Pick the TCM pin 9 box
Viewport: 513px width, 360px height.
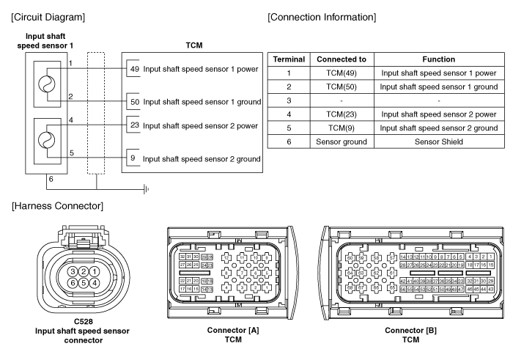(133, 158)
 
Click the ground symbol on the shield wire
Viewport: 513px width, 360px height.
(147, 188)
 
